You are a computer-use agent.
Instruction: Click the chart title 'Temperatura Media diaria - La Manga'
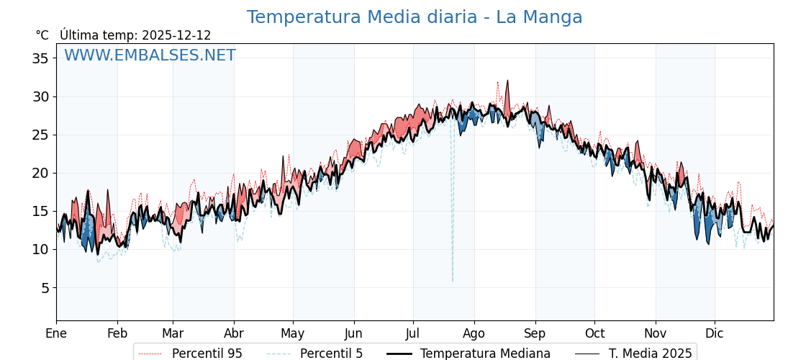[x=415, y=17]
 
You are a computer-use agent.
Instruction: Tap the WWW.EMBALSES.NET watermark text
[x=150, y=55]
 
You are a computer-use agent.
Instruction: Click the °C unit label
[x=42, y=35]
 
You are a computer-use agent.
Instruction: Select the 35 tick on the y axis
[x=40, y=58]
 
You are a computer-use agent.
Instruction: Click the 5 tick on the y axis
[x=45, y=288]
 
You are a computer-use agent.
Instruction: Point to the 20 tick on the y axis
[x=40, y=173]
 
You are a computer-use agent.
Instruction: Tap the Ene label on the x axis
[x=56, y=333]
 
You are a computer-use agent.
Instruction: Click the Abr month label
[x=234, y=333]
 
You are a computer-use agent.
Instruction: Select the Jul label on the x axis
[x=413, y=333]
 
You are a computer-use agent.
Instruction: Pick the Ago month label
[x=474, y=333]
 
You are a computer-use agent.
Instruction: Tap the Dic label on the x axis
[x=715, y=333]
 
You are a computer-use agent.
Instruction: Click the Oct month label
[x=594, y=333]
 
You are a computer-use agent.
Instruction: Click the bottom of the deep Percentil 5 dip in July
[x=453, y=281]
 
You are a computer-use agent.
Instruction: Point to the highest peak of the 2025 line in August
[x=507, y=81]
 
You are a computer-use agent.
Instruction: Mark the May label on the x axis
[x=293, y=333]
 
